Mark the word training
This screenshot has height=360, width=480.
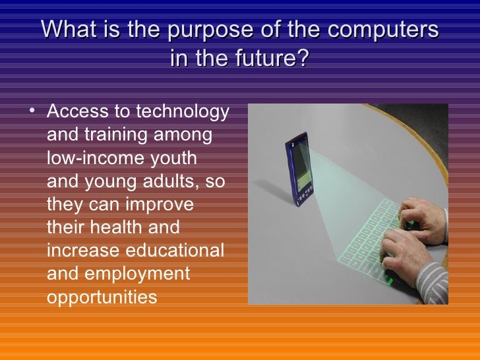pyautogui.click(x=117, y=135)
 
